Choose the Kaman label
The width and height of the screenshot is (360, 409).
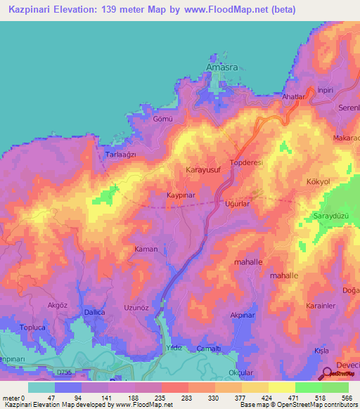[x=145, y=249]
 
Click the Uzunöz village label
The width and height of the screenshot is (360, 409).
[x=136, y=309]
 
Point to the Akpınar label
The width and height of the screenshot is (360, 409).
[x=241, y=316]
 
